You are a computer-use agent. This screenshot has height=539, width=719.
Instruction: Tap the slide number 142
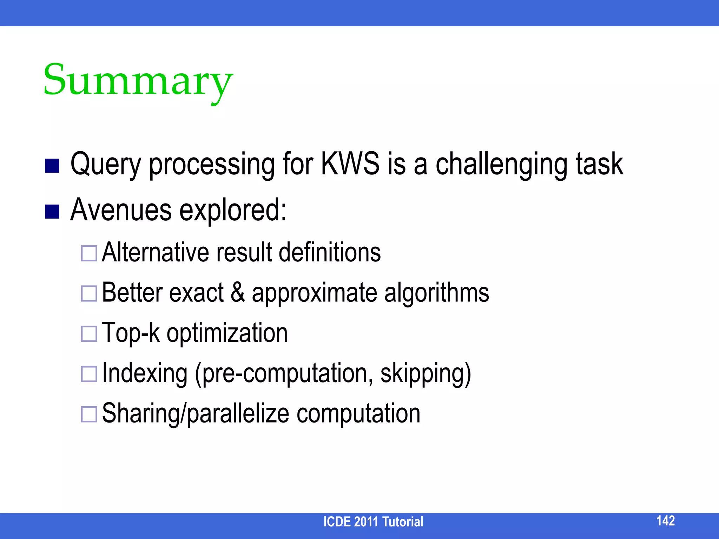click(665, 520)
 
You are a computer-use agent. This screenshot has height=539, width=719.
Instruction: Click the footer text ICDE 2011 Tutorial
click(373, 522)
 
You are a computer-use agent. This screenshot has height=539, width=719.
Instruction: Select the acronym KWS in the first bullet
click(350, 164)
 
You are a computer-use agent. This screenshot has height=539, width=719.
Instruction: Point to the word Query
click(105, 165)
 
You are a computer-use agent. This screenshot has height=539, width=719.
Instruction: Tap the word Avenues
click(121, 210)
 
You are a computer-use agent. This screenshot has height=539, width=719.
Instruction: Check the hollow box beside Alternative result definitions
click(89, 253)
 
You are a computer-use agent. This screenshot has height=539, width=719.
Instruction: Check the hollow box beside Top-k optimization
click(89, 334)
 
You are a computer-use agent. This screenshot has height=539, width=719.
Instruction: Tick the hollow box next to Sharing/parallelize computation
click(89, 414)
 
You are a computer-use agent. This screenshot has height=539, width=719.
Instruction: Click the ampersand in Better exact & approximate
click(238, 293)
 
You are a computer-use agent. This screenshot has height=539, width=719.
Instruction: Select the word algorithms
click(436, 293)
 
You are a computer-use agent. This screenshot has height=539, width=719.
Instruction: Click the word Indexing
click(145, 373)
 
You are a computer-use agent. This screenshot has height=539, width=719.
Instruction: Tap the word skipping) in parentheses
click(426, 374)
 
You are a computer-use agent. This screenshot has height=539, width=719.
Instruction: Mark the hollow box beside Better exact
click(89, 293)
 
